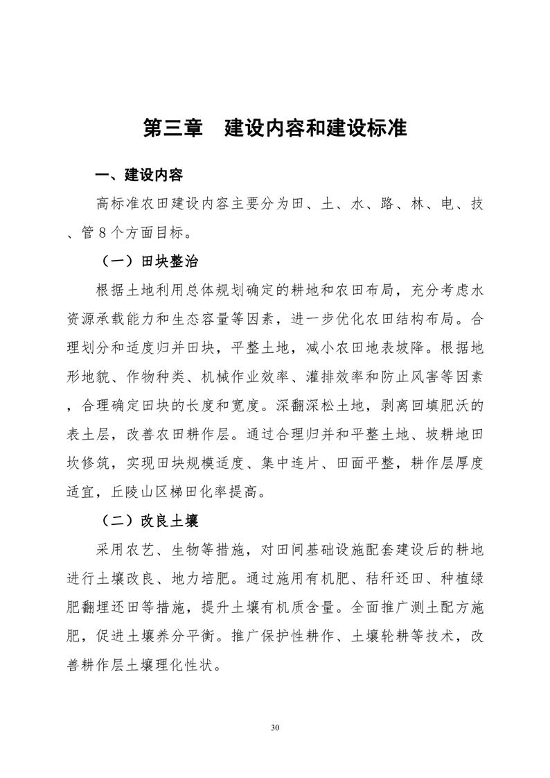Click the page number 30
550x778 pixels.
click(275, 728)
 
